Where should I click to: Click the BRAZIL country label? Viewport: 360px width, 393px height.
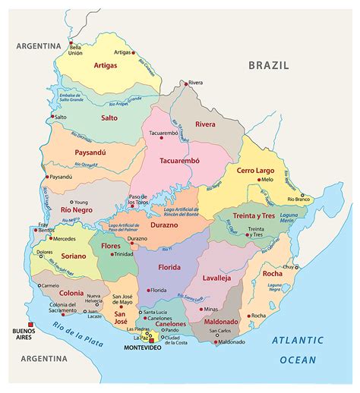pyautogui.click(x=269, y=65)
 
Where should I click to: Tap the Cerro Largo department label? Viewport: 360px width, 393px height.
pyautogui.click(x=256, y=170)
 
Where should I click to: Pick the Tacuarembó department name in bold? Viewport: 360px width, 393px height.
pyautogui.click(x=180, y=161)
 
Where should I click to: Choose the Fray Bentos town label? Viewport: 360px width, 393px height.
pyautogui.click(x=45, y=226)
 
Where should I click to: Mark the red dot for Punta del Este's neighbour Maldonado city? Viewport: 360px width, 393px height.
pyautogui.click(x=216, y=342)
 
